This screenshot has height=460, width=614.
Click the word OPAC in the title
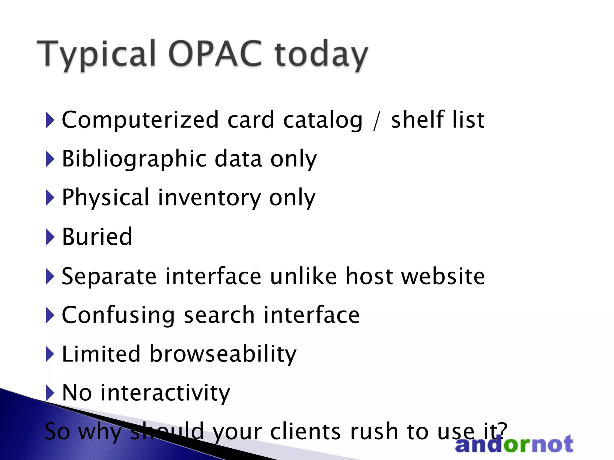[x=215, y=54]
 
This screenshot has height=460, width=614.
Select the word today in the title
[x=321, y=55]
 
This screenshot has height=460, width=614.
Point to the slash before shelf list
[x=377, y=122]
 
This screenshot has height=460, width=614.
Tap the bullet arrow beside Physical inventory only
[x=50, y=198]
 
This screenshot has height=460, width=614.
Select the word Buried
[x=97, y=237]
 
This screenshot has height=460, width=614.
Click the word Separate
[x=109, y=276]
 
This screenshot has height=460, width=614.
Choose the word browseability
[x=223, y=354]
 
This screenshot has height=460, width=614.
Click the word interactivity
[x=165, y=393]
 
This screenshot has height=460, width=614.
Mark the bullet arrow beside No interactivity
[x=50, y=393]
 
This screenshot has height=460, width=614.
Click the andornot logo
[x=514, y=444]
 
